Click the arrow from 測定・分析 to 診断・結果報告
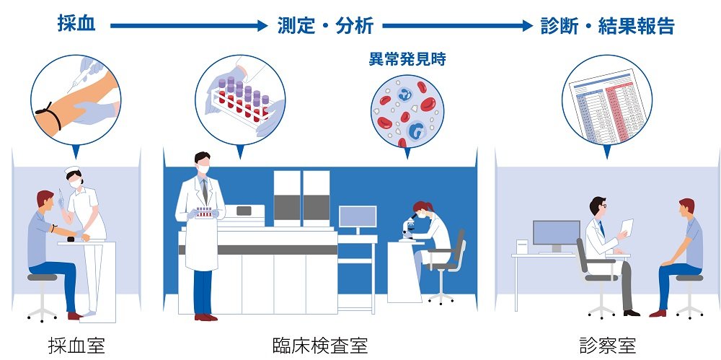pos(456,26)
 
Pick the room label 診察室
pos(607,346)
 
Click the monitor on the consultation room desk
pos(556,233)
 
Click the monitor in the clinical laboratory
pos(357,219)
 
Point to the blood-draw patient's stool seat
pos(43,277)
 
